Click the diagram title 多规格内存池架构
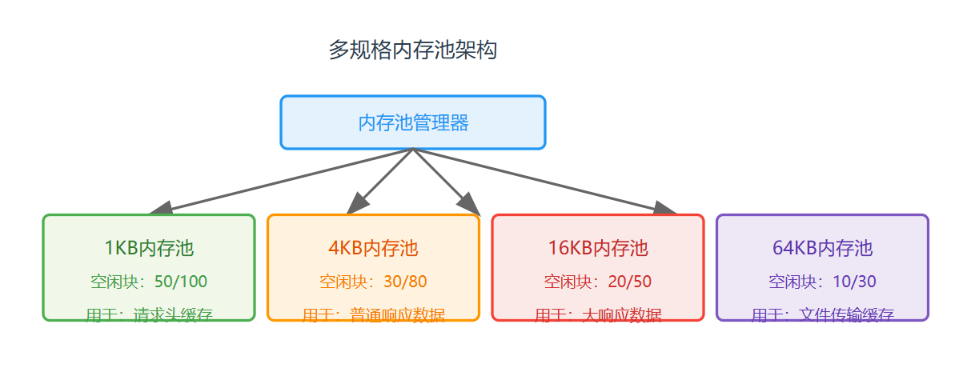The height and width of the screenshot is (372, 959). click(x=413, y=50)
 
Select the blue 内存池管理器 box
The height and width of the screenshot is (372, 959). click(x=413, y=122)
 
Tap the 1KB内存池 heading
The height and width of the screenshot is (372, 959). click(x=149, y=248)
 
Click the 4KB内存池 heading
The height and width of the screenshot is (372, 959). click(x=373, y=248)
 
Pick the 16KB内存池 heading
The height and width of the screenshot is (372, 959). click(x=598, y=248)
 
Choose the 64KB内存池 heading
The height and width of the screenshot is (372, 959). click(x=822, y=248)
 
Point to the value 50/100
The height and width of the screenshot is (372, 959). click(x=181, y=282)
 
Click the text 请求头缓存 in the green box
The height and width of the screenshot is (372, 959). click(x=173, y=314)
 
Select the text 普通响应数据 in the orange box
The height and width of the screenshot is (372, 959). click(x=397, y=314)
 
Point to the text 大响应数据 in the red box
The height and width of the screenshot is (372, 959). click(x=622, y=314)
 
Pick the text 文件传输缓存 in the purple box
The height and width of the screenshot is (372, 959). click(x=846, y=314)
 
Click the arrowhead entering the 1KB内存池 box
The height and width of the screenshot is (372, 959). click(x=160, y=208)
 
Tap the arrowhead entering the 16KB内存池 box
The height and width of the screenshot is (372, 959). click(x=665, y=208)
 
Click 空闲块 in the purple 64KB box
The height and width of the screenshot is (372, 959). click(x=792, y=282)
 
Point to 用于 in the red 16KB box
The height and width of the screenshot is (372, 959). click(x=551, y=314)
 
